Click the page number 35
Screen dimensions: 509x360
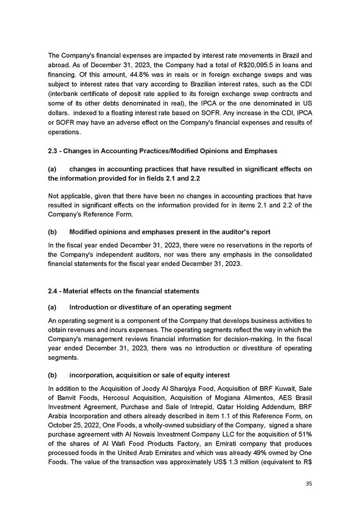[x=308, y=483]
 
